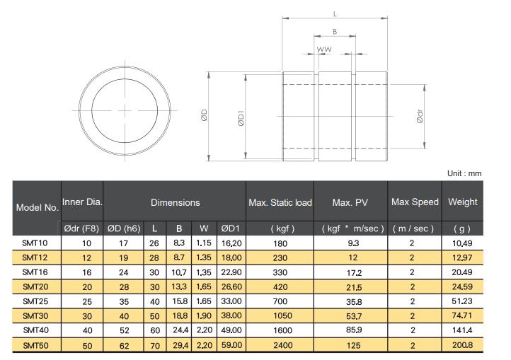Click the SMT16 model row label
click(35, 272)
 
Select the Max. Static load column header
click(280, 203)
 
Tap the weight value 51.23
click(461, 301)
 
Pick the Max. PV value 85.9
click(354, 330)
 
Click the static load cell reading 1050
click(282, 315)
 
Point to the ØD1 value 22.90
click(231, 272)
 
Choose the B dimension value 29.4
click(180, 345)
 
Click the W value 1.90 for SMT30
click(204, 315)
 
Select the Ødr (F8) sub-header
click(81, 228)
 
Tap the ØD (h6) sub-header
click(124, 228)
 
